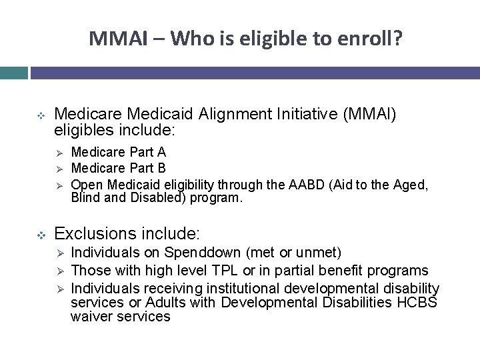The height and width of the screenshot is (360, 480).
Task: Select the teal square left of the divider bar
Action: click(13, 73)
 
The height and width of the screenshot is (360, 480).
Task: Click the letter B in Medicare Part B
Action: click(162, 167)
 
